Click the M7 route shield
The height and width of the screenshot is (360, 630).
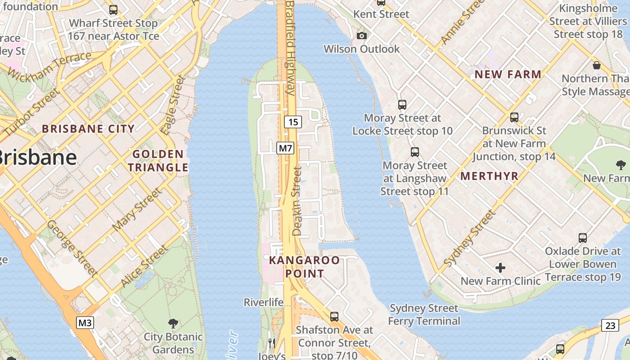[285, 148]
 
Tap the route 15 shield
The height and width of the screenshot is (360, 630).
[292, 121]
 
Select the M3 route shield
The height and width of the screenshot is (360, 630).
[85, 323]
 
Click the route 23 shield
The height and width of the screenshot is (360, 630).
[610, 325]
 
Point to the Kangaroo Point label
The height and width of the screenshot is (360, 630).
[304, 267]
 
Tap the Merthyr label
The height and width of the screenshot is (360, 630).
[490, 176]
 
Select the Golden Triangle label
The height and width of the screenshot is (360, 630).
[158, 161]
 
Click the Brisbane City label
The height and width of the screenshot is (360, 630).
[88, 129]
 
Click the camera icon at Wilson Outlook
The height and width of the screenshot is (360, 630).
[361, 36]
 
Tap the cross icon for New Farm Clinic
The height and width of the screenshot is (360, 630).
[500, 268]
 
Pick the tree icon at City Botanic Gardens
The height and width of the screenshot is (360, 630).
[173, 323]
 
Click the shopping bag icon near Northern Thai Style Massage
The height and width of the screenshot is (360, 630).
[597, 65]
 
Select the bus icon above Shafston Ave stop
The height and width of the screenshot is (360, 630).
[334, 316]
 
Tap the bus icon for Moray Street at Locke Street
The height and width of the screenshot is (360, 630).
[402, 105]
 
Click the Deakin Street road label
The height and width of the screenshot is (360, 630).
[297, 201]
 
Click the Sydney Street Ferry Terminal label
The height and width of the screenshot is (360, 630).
[424, 315]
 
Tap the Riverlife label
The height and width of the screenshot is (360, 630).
[264, 302]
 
